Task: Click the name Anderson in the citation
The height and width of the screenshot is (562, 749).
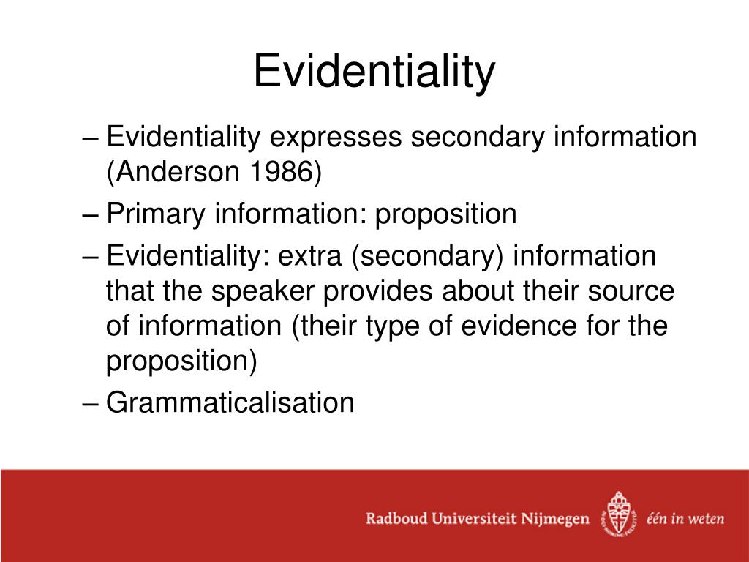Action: point(173,173)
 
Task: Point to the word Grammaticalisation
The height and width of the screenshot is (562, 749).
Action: point(230,402)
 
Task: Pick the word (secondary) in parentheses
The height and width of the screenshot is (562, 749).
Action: point(428,258)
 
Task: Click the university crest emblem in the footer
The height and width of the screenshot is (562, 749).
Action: point(616,514)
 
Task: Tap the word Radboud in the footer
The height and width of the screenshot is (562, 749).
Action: point(399,519)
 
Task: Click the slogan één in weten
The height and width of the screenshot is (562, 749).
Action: point(685,519)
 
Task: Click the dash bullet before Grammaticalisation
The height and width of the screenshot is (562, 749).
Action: point(91,403)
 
